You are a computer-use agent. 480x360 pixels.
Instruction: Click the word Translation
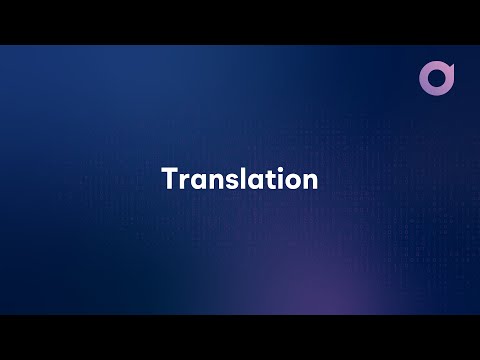point(240,180)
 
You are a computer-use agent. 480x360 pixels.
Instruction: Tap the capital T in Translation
point(169,180)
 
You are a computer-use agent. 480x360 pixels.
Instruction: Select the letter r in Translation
point(181,182)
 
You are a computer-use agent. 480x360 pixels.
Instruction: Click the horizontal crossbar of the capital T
point(169,171)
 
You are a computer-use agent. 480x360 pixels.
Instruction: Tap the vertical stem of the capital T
point(169,183)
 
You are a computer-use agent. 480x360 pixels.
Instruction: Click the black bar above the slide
point(240,21)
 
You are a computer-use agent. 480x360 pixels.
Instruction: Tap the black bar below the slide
point(240,337)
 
